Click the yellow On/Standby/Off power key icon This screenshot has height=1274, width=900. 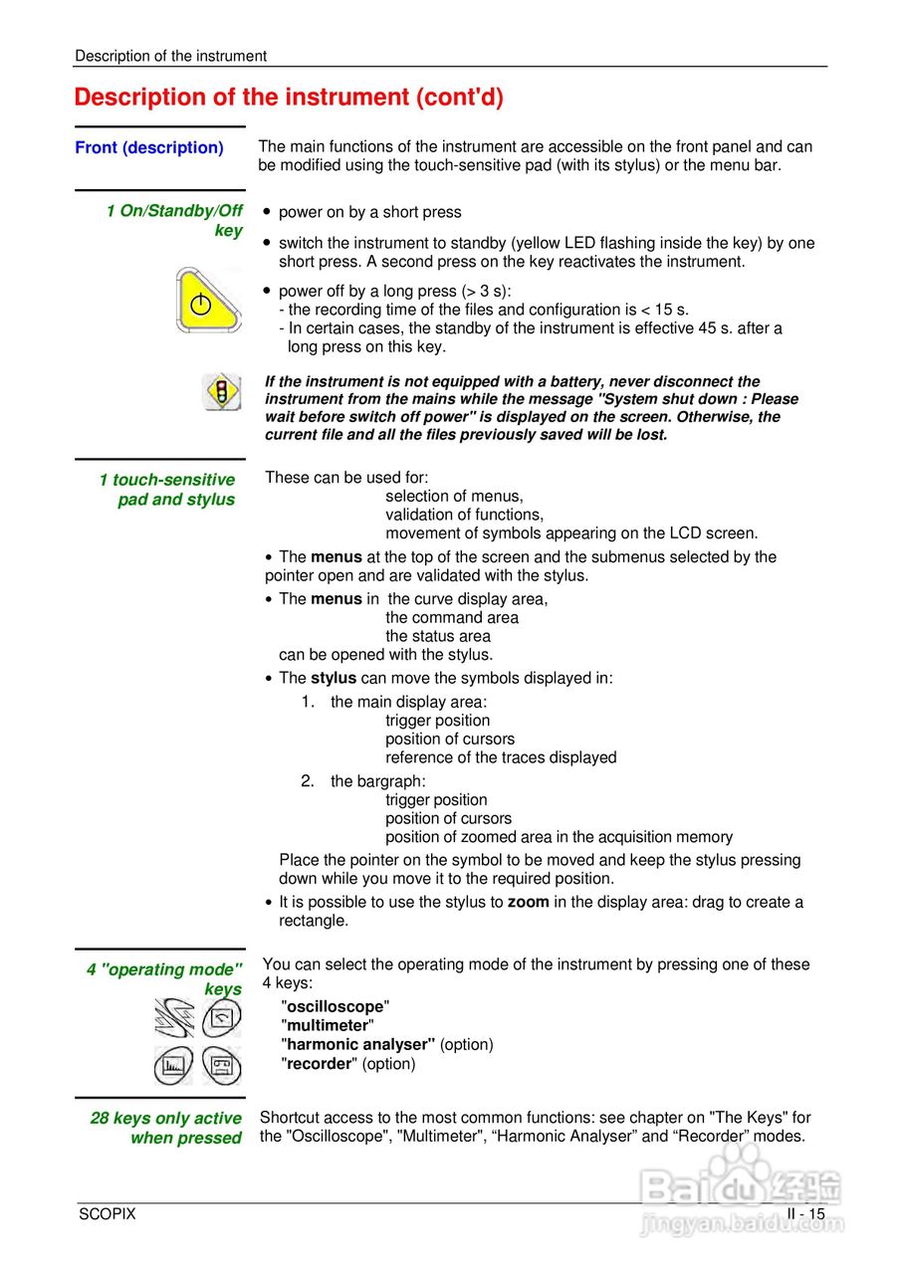click(x=207, y=301)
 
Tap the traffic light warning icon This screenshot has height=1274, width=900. click(x=221, y=391)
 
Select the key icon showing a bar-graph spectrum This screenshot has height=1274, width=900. click(x=173, y=1066)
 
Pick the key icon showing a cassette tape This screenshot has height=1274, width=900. click(x=221, y=1066)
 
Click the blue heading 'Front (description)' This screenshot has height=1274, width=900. click(x=149, y=147)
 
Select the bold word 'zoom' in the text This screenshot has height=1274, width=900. click(x=528, y=903)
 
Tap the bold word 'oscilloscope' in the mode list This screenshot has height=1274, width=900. click(x=336, y=1006)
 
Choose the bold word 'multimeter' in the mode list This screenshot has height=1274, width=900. click(x=328, y=1025)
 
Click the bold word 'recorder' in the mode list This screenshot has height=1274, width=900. click(x=320, y=1064)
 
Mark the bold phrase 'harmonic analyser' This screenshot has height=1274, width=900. click(x=357, y=1044)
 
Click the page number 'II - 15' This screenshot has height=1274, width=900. click(x=805, y=1214)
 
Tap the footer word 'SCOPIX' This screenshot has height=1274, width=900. click(x=108, y=1214)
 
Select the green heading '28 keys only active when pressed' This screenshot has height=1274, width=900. click(x=166, y=1128)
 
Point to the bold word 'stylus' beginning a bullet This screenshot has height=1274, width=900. click(x=333, y=678)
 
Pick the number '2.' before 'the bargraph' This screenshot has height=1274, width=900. click(x=308, y=781)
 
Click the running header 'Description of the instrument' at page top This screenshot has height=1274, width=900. click(x=170, y=56)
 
